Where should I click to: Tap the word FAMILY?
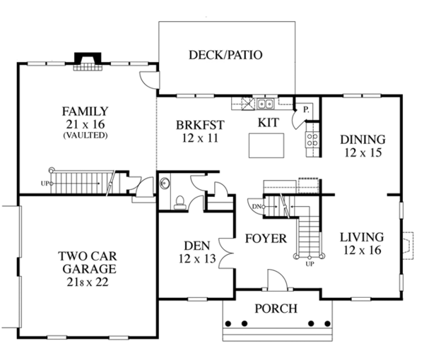(85, 111)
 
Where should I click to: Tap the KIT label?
(269, 122)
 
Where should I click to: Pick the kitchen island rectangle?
(265, 146)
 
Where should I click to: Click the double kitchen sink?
(266, 105)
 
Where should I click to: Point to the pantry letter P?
(307, 110)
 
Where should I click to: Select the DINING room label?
(362, 139)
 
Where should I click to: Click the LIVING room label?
(360, 237)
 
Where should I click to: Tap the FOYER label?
(265, 239)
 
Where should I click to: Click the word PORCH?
(276, 308)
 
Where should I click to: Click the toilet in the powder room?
(179, 202)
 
